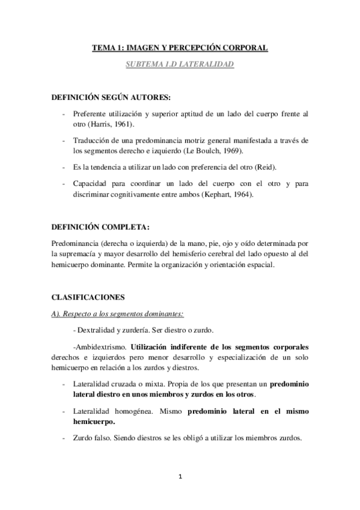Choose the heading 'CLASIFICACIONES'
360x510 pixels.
88,297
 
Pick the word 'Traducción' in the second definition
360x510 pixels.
91,140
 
